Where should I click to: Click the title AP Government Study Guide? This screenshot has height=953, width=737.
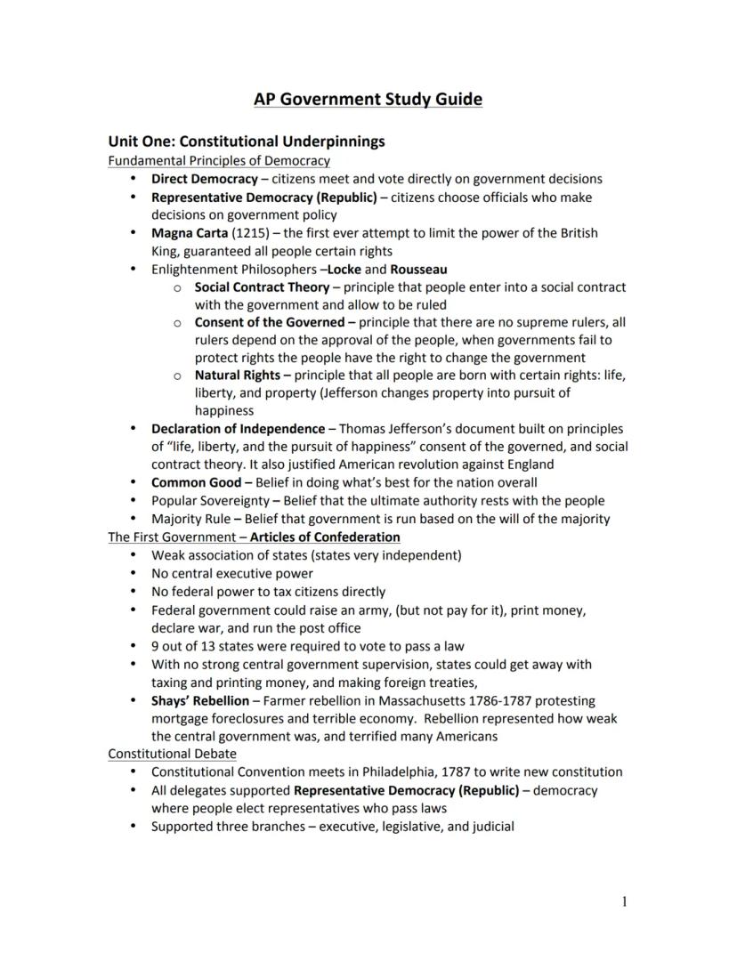tap(368, 99)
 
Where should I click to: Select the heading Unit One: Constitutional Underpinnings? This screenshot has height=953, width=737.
tap(247, 141)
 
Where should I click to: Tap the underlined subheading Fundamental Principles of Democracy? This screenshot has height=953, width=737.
tap(219, 161)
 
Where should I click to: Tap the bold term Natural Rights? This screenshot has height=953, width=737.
tap(237, 376)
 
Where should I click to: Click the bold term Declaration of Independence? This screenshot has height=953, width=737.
tap(238, 429)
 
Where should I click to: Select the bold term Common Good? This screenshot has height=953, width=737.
tap(196, 483)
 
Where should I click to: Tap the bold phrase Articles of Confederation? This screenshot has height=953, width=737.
tap(325, 537)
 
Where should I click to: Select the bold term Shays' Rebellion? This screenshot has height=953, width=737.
tap(200, 701)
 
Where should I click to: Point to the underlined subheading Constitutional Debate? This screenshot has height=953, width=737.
tap(173, 754)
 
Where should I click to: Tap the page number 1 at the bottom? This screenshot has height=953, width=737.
tap(624, 902)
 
